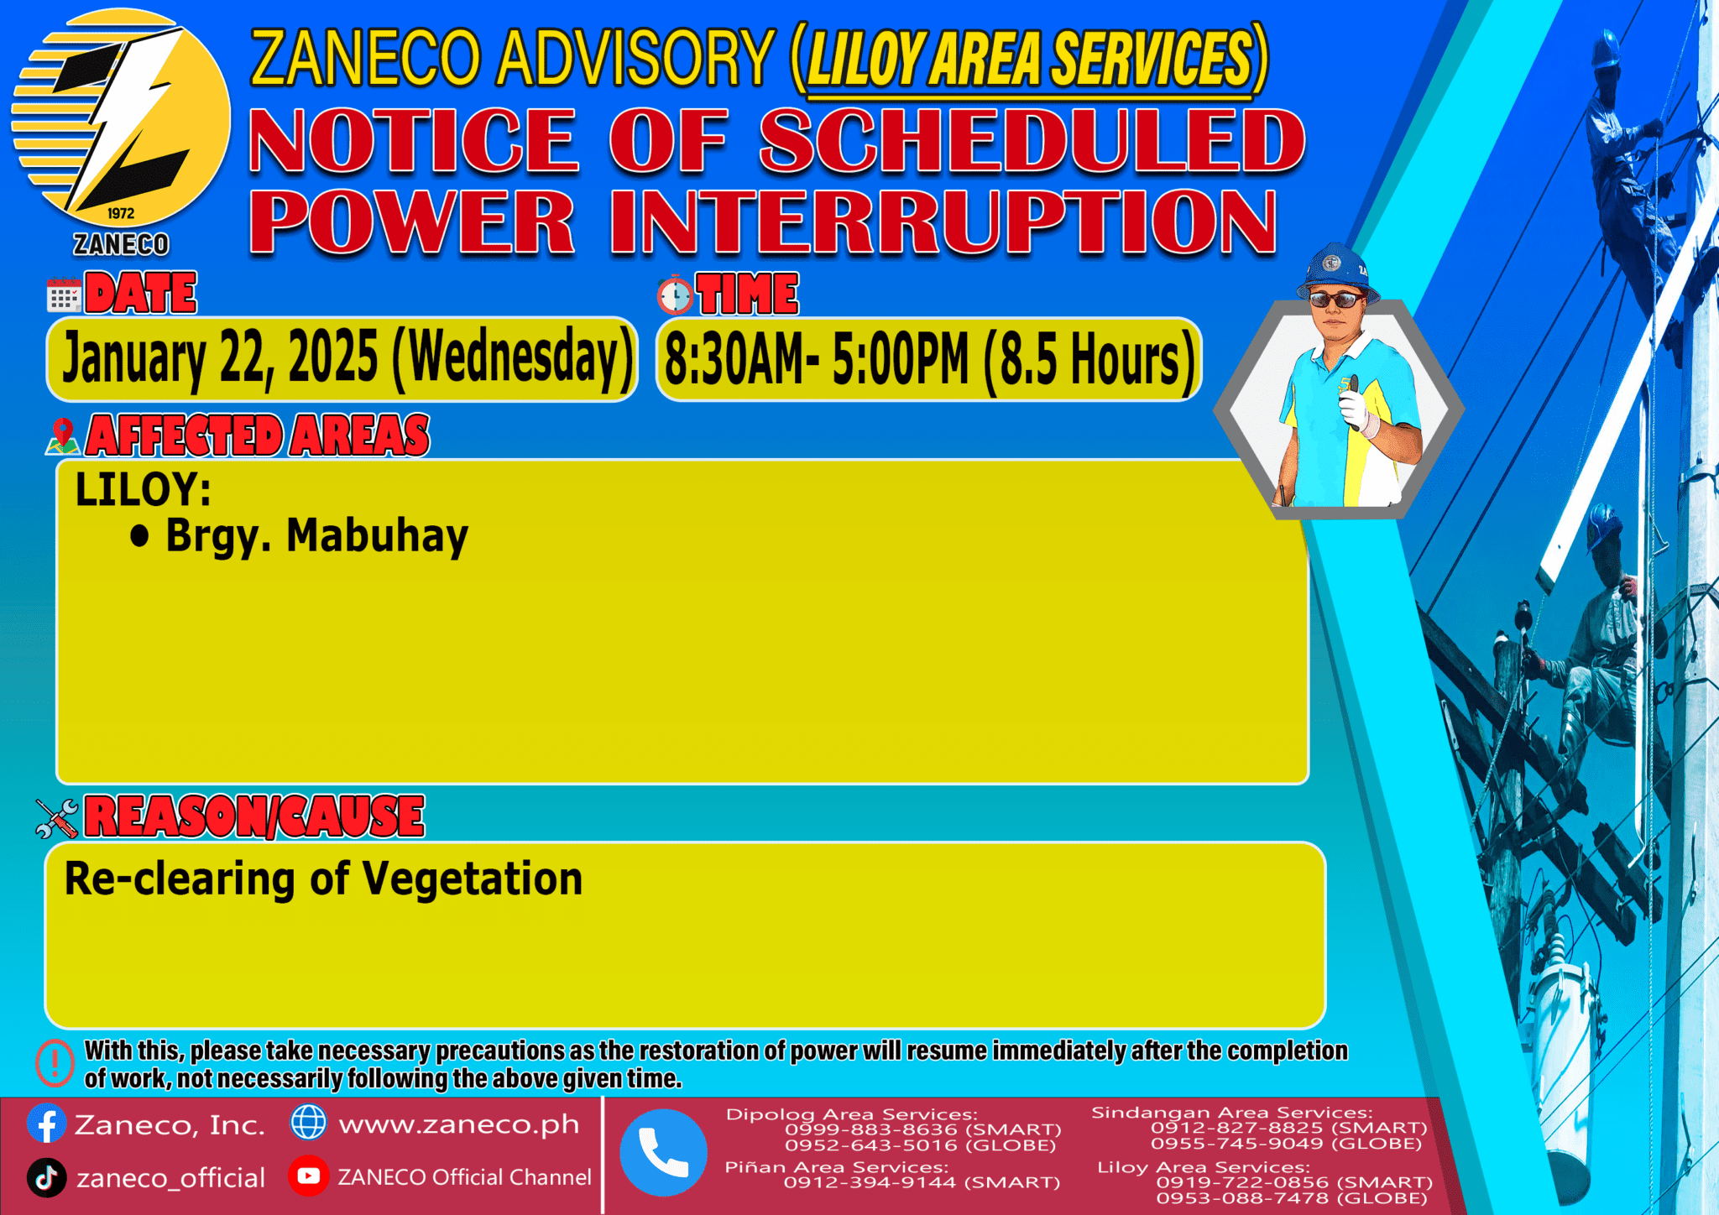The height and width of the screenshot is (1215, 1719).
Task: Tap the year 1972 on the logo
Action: [x=121, y=213]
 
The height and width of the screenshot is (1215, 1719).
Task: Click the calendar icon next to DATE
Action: [x=64, y=295]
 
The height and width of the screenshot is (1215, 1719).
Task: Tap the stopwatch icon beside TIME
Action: [x=675, y=295]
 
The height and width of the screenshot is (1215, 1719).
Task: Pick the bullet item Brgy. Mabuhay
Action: [x=316, y=536]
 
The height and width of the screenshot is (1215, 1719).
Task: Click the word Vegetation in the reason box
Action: [x=473, y=879]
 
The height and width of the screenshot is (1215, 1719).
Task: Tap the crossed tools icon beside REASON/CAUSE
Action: [x=57, y=818]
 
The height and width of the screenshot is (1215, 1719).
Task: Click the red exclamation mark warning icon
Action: [x=55, y=1063]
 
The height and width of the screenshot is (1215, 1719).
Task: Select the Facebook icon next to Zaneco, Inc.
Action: [x=46, y=1124]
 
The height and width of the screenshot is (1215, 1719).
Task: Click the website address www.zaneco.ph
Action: [x=458, y=1124]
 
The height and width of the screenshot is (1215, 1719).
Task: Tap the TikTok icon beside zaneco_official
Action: [x=46, y=1177]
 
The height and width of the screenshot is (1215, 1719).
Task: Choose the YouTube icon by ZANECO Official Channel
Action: [x=308, y=1176]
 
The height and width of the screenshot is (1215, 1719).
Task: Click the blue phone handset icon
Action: [x=663, y=1152]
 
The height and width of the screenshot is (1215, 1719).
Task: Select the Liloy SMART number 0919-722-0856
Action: [x=1242, y=1182]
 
